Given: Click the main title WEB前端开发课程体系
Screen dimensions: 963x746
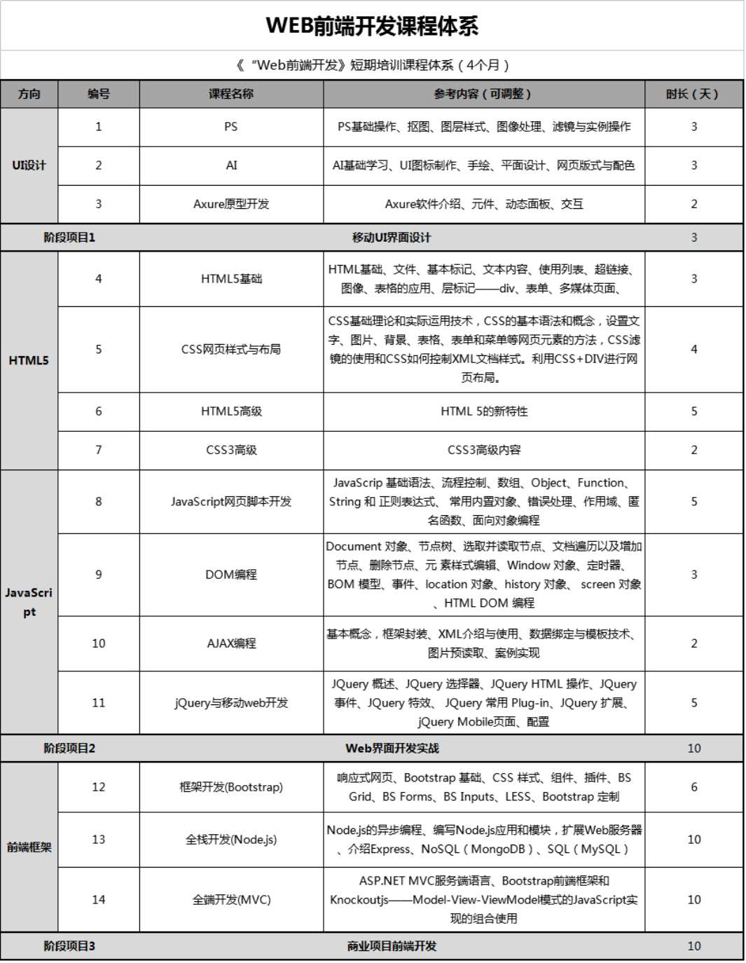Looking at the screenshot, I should coord(372,26).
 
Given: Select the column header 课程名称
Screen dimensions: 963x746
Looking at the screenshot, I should coord(231,94).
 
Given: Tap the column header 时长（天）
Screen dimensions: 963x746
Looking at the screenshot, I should coord(693,94).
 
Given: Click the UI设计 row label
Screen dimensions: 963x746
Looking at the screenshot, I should coord(29,165).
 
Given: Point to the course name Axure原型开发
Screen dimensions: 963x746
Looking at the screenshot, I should coord(231,204).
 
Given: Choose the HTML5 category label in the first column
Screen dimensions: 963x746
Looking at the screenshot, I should coord(29,360).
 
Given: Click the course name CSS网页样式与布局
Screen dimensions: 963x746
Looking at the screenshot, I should coord(231,349).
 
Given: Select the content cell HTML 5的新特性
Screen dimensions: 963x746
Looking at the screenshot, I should coord(484,411).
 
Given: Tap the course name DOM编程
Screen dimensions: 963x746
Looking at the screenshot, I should coord(231,575).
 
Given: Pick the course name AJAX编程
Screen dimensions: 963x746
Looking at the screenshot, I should coord(231,643).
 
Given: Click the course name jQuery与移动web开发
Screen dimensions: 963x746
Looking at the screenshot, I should coord(231,702).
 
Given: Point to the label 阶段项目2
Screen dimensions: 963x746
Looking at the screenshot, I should coord(69,748).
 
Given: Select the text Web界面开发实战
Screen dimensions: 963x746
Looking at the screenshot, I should coord(392,748).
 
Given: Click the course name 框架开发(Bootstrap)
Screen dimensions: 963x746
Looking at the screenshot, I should coord(231,787).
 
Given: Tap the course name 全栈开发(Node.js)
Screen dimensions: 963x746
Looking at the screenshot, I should coord(231,840).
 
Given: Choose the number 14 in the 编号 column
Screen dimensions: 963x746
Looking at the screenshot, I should coord(98,899).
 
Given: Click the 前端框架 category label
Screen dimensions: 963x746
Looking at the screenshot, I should coord(29,847).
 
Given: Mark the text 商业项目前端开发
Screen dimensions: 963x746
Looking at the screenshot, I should coord(392,946).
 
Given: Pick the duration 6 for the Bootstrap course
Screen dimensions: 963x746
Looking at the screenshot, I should coord(693,787).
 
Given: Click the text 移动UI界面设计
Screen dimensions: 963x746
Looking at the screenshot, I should coord(392,238).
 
